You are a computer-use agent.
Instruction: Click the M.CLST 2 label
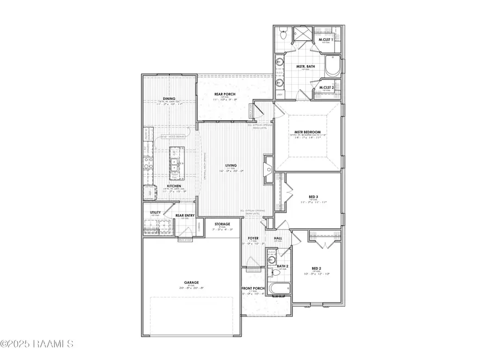(326, 87)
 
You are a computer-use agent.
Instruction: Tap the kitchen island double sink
(174, 165)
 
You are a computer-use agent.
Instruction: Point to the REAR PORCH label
(223, 95)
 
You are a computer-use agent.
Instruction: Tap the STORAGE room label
(222, 224)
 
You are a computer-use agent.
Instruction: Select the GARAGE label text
(191, 282)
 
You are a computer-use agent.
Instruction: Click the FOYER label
(253, 238)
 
